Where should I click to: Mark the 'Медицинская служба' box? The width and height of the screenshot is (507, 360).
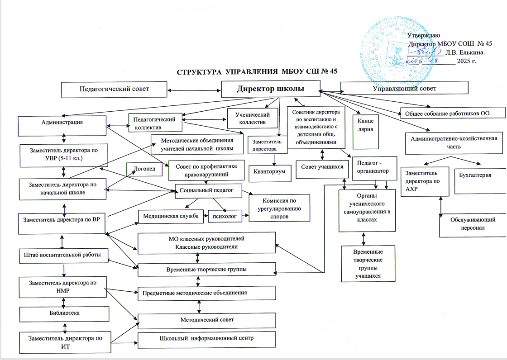click(171, 216)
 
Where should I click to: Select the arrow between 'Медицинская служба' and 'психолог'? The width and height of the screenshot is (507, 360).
click(205, 217)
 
